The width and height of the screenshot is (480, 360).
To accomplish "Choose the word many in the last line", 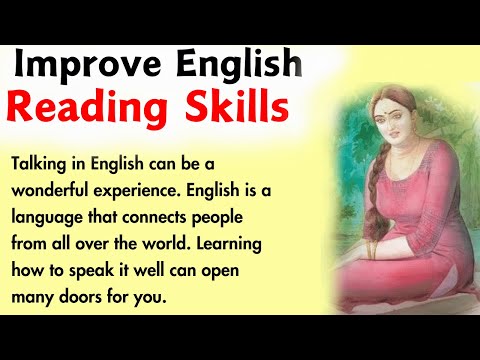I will [x=35, y=296].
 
